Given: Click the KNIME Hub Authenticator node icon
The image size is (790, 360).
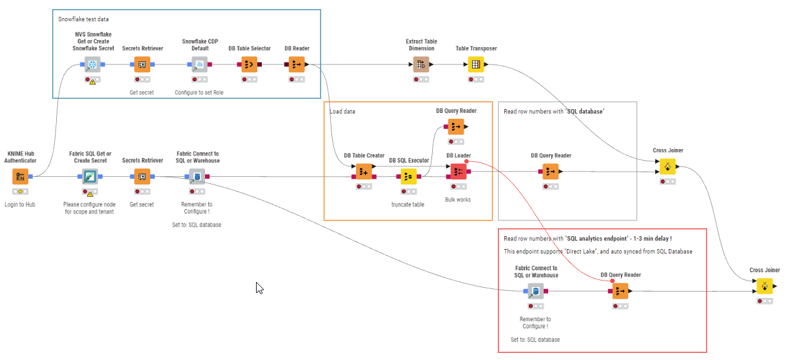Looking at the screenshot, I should (21, 177).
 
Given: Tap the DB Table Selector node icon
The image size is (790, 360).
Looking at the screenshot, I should (250, 65).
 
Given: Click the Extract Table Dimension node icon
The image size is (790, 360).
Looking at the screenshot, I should (420, 65).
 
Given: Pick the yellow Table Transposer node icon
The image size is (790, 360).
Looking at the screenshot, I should (476, 65).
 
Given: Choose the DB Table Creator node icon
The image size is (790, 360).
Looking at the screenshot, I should (364, 172).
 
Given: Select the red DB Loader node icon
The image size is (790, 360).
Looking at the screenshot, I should (458, 172).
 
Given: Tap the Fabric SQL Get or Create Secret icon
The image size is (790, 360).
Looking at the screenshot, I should (90, 177).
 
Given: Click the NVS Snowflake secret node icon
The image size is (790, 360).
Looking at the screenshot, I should (93, 65).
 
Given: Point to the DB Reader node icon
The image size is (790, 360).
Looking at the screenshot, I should (297, 65).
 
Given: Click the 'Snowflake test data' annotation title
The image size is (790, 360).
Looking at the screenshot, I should (83, 19).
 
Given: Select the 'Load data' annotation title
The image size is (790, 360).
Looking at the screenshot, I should (342, 112).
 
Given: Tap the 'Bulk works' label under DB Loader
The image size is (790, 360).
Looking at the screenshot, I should (458, 199).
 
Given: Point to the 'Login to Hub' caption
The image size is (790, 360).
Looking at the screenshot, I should (21, 205).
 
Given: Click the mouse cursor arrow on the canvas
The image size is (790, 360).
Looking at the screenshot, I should (259, 287).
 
